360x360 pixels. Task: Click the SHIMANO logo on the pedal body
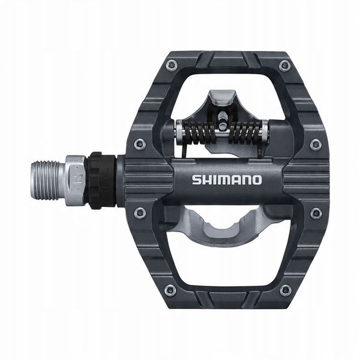pyautogui.click(x=226, y=179)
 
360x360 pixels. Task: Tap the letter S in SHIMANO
pyautogui.click(x=196, y=179)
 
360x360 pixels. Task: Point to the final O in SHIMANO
pyautogui.click(x=256, y=179)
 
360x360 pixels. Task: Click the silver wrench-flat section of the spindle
pyautogui.click(x=76, y=178)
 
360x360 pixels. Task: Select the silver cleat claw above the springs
pyautogui.click(x=220, y=99)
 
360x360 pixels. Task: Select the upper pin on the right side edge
pyautogui.click(x=316, y=144)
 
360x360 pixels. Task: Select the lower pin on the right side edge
pyautogui.click(x=316, y=213)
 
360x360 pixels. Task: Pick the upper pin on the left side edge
pyautogui.click(x=140, y=143)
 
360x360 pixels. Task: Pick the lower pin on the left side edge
pyautogui.click(x=140, y=212)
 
